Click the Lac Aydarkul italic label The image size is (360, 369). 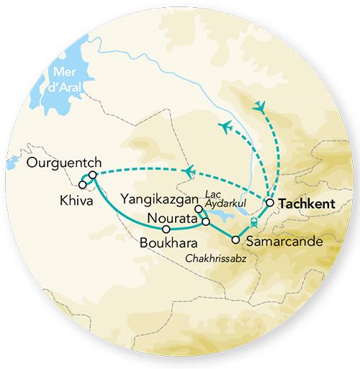(x=221, y=201)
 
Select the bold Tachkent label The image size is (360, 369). (x=307, y=204)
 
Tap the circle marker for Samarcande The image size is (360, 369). (x=235, y=240)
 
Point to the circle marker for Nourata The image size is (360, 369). (x=206, y=222)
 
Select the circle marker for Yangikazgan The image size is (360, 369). (x=198, y=209)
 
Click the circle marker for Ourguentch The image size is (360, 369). (x=93, y=175)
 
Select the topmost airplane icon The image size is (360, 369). (x=259, y=106)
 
